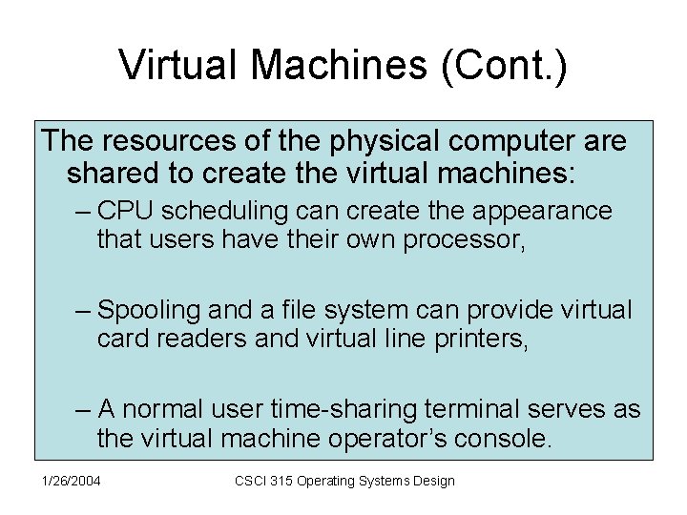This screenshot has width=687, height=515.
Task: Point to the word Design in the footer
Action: [x=433, y=481]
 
